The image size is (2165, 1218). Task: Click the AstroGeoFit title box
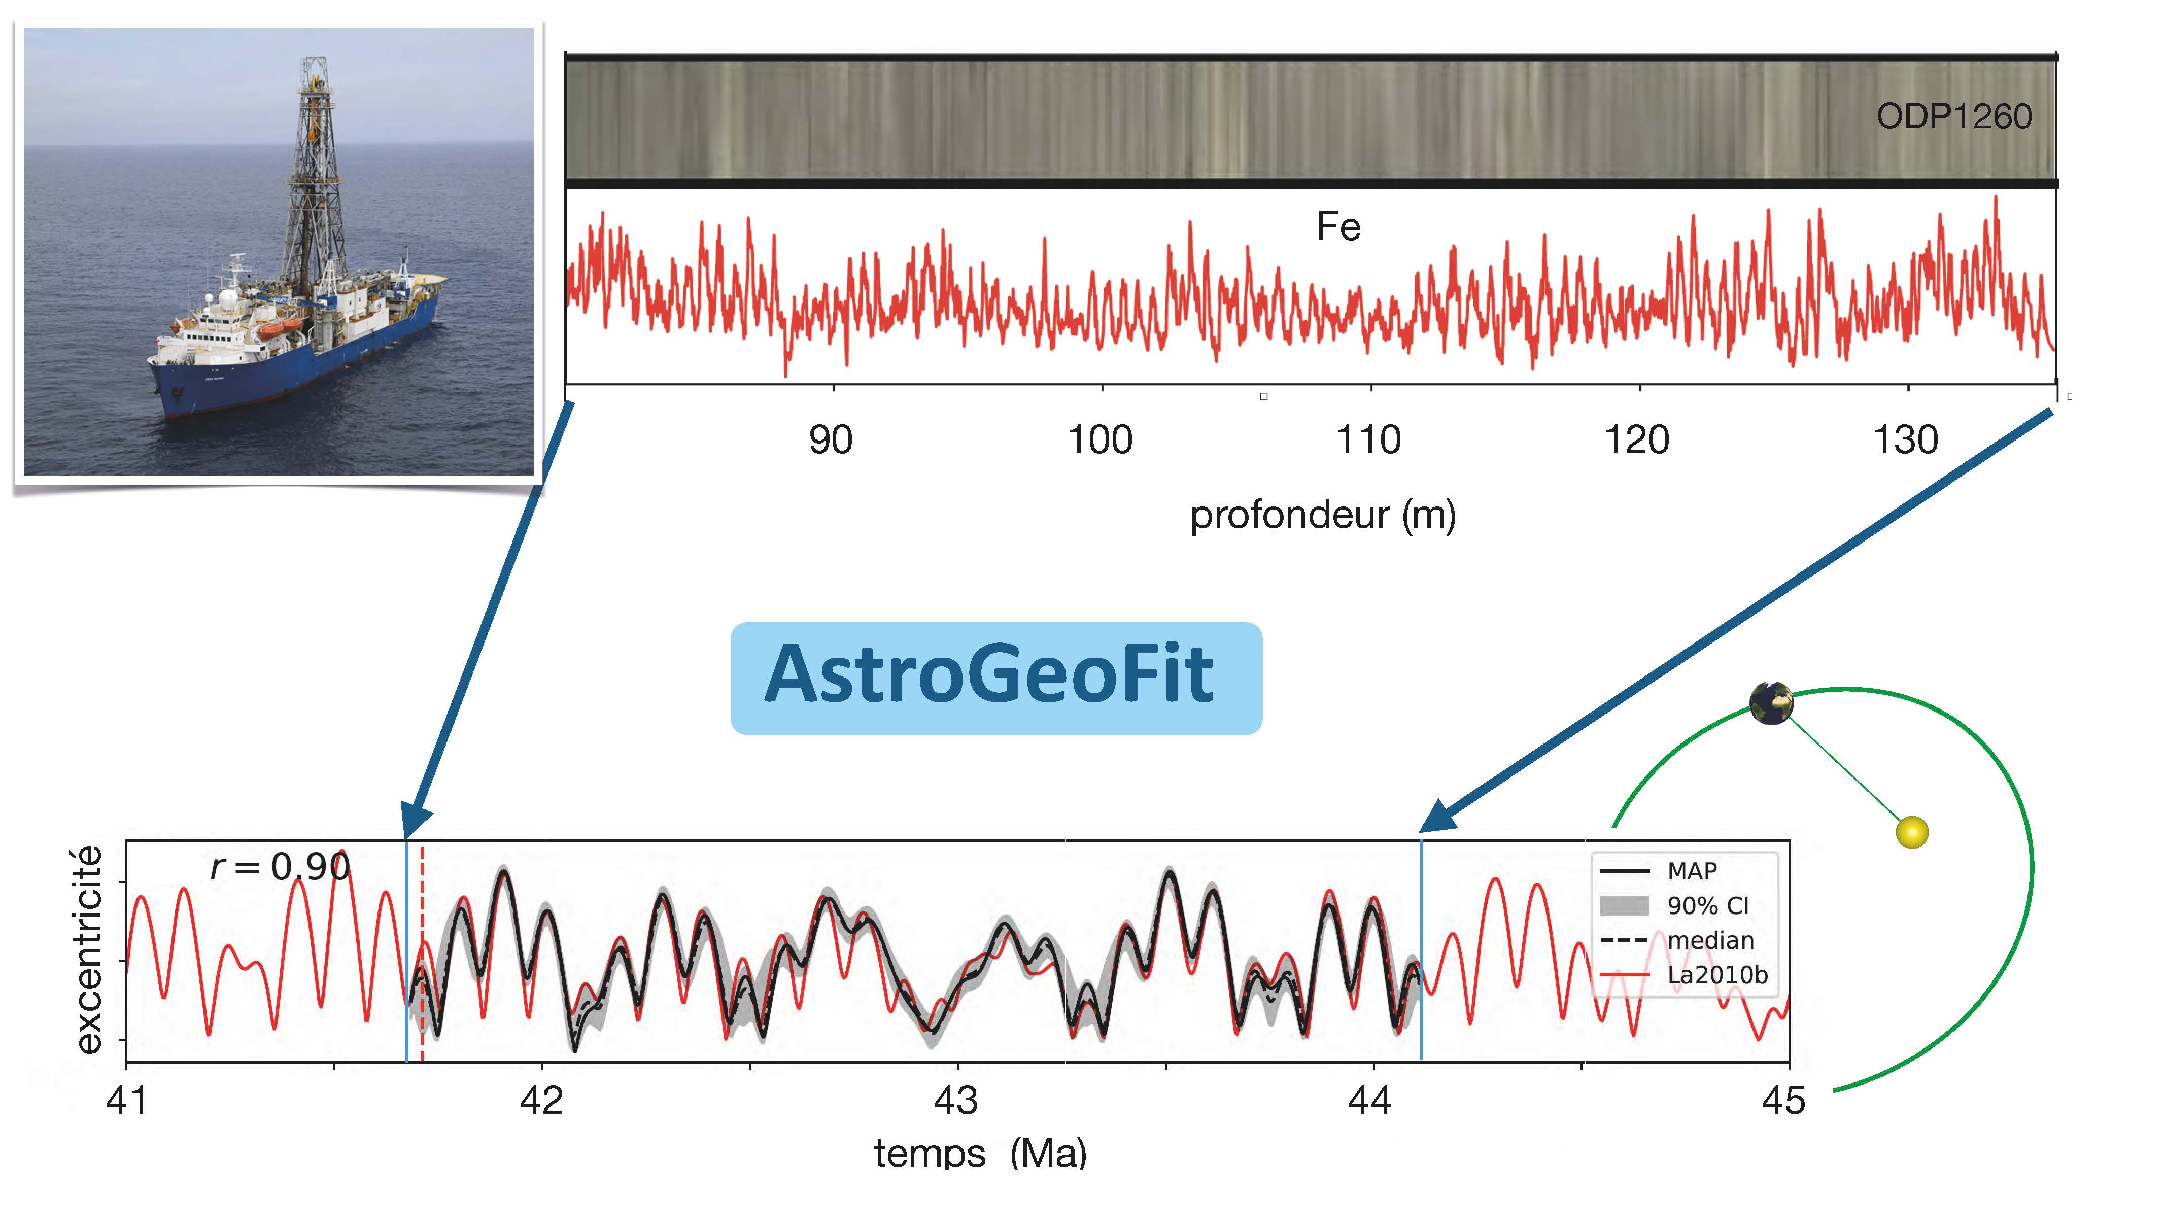[x=996, y=679]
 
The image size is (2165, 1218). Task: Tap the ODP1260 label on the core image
[x=1954, y=117]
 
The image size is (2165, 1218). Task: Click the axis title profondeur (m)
[x=1323, y=515]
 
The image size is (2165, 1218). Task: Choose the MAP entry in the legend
[x=1659, y=871]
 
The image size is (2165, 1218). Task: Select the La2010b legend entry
[x=1683, y=975]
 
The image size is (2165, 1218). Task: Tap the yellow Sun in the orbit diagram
[x=1912, y=832]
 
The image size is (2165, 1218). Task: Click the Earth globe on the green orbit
[x=1772, y=703]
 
